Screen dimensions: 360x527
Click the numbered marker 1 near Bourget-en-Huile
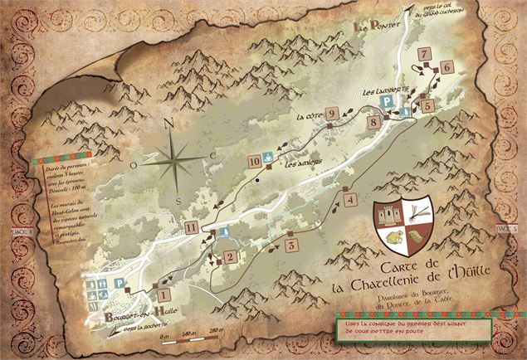pos(163,293)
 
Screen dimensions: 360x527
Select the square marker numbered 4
pos(350,200)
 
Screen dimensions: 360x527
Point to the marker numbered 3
pos(291,246)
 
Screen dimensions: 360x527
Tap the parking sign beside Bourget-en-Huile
pos(120,283)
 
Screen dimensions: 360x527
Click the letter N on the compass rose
pos(169,124)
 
